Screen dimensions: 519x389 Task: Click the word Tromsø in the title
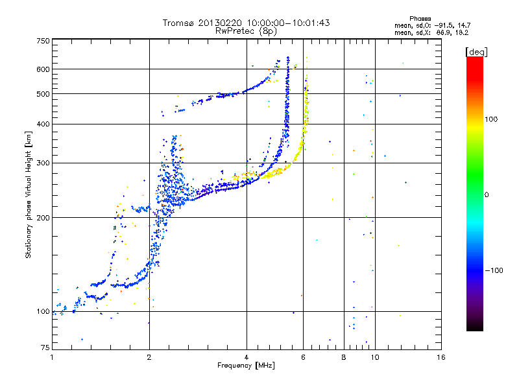click(179, 23)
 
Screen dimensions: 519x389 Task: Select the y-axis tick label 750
click(43, 41)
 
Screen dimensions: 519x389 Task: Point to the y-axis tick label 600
click(43, 69)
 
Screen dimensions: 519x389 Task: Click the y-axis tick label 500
click(43, 94)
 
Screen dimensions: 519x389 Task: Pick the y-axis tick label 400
click(43, 124)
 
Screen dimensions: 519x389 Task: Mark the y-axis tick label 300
click(43, 163)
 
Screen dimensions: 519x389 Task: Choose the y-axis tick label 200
click(43, 218)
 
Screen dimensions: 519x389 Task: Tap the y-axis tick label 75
click(45, 348)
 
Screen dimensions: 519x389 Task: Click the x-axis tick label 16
click(441, 357)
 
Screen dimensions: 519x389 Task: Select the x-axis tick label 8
click(344, 357)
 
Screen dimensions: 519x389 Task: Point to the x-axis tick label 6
click(303, 357)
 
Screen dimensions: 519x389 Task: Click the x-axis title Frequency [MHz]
click(246, 366)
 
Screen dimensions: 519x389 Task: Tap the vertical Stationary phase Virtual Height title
click(29, 195)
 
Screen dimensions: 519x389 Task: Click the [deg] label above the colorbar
click(476, 52)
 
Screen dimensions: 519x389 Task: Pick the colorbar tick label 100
click(491, 119)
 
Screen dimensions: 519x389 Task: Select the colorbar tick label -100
click(494, 270)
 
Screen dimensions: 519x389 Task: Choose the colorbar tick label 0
click(487, 195)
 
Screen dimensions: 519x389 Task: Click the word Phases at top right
click(420, 19)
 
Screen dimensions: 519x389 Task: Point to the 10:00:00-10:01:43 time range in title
click(288, 23)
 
